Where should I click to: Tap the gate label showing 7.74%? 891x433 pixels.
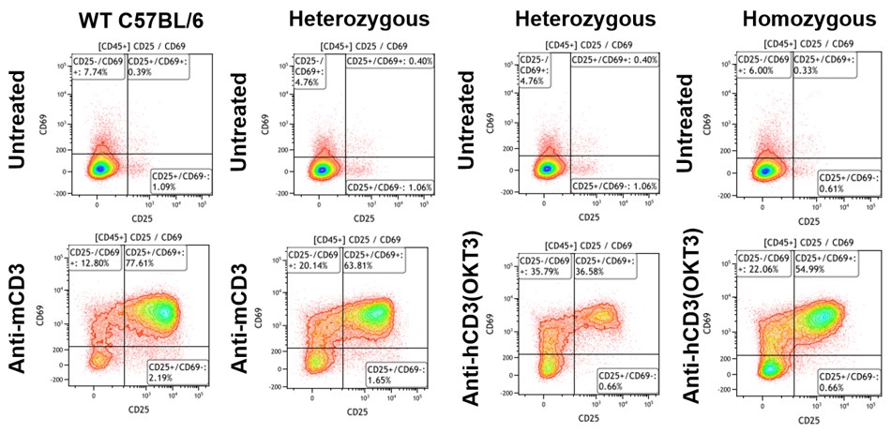pos(98,66)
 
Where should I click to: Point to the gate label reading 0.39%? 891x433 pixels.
pos(154,66)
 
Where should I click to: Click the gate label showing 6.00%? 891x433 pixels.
pos(759,66)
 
